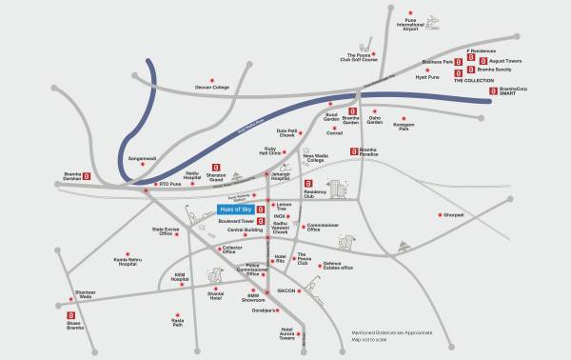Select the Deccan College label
pyautogui.click(x=212, y=88)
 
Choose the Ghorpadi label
pyautogui.click(x=452, y=215)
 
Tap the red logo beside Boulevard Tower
pyautogui.click(x=260, y=222)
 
